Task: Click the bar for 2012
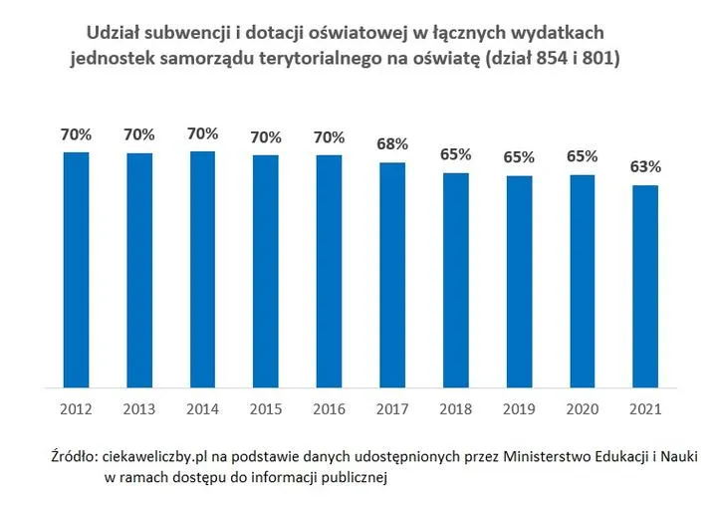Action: (76, 269)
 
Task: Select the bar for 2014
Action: (202, 269)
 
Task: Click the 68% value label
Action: (392, 144)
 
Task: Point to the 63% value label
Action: (645, 166)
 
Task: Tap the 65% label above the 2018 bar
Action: (455, 155)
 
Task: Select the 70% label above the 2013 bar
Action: (139, 134)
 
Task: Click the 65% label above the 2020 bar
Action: (582, 156)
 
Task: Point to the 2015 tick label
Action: (266, 407)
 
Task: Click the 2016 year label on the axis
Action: (329, 407)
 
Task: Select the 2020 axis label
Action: (582, 407)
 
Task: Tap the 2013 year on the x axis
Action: (139, 407)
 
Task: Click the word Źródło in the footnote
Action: (73, 457)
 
